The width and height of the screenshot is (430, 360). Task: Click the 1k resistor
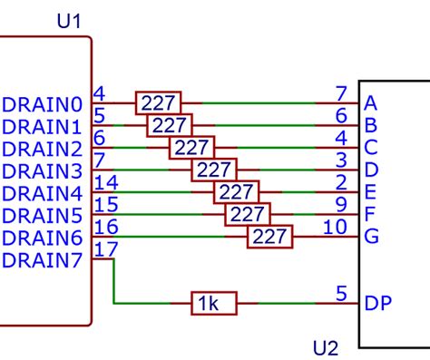click(213, 304)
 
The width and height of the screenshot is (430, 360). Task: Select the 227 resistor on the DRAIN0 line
click(158, 102)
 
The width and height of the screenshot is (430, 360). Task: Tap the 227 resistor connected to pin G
click(270, 237)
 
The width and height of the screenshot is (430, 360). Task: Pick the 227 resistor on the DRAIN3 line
click(213, 170)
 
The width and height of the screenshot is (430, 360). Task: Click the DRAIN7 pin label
click(43, 260)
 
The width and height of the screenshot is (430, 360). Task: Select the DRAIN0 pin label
click(43, 103)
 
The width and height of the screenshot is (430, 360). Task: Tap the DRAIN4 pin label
click(43, 193)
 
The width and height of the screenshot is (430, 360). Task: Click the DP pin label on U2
click(378, 304)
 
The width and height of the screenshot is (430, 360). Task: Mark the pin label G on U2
click(371, 237)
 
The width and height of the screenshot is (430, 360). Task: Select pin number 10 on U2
click(335, 226)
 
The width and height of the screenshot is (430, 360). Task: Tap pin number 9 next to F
click(340, 204)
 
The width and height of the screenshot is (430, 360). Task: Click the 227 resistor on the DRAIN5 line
click(248, 215)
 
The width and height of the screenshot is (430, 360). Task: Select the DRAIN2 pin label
click(43, 148)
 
